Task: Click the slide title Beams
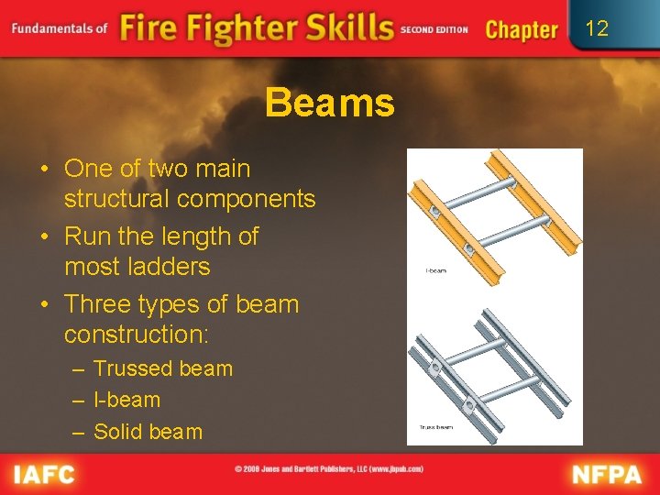tap(330, 103)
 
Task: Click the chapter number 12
tap(597, 28)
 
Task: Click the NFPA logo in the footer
tap(609, 474)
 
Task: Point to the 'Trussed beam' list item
tap(163, 368)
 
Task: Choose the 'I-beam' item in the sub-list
tap(126, 400)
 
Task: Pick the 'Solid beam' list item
tap(148, 431)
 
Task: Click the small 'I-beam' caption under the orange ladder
tap(436, 270)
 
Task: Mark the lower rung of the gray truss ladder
tap(508, 389)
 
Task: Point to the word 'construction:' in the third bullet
tap(137, 335)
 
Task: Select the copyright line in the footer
tap(329, 468)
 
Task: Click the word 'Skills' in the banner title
tap(347, 28)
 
